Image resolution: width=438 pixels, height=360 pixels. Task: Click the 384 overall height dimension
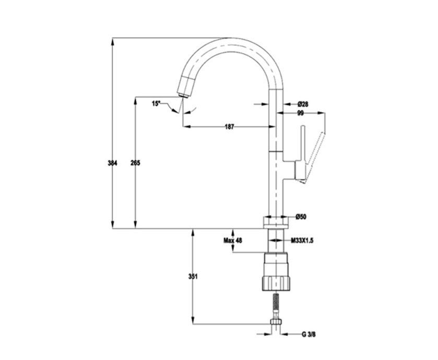[113, 163]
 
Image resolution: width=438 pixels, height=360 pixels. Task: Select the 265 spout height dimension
[136, 163]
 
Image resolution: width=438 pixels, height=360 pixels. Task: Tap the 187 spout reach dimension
[229, 127]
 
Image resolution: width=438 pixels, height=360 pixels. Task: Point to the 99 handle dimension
[301, 113]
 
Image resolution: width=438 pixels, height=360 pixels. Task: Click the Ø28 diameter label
[303, 104]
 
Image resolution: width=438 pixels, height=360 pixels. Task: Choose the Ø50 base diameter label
[301, 217]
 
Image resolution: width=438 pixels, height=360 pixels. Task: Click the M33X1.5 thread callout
[302, 241]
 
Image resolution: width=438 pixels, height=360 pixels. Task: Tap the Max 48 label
[232, 241]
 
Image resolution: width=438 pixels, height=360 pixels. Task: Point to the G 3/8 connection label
[309, 334]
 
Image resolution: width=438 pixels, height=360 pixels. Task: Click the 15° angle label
[156, 104]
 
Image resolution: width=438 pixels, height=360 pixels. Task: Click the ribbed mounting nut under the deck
[276, 283]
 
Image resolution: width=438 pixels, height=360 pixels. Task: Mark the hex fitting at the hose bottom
[276, 322]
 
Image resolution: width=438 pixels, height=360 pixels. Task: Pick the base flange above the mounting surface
[276, 222]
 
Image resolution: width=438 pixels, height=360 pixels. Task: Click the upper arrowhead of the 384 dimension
[113, 41]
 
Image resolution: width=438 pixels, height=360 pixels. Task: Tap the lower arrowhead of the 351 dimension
[193, 320]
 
